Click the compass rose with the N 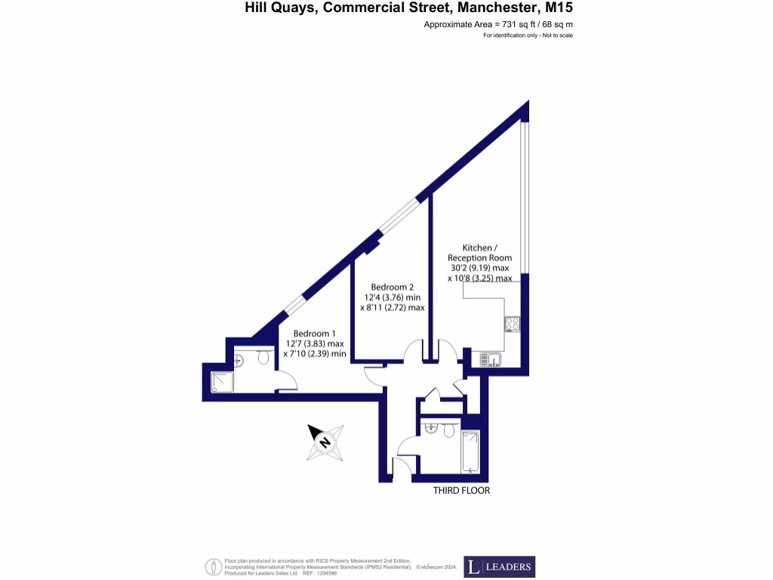coord(326,443)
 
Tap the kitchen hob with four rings coord(513,325)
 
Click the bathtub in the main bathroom coord(470,451)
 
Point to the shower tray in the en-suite coord(222,383)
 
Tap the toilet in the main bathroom coord(448,431)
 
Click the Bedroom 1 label coord(314,333)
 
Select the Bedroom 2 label coord(393,287)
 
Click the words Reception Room coord(479,258)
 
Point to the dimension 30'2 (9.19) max coord(479,267)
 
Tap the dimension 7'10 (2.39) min coord(314,353)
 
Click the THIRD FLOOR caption coord(461,490)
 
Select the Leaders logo coord(499,566)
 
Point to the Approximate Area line coord(498,25)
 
